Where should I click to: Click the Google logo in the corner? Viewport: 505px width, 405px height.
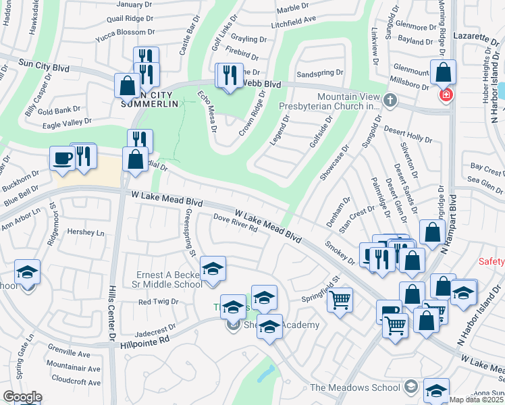[x=22, y=397]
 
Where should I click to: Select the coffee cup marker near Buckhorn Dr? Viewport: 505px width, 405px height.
[x=62, y=159]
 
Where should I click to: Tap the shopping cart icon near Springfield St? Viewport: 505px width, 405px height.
[x=340, y=299]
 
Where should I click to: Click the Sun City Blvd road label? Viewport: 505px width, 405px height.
[x=44, y=64]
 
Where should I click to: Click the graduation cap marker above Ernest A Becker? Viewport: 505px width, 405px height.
[x=213, y=269]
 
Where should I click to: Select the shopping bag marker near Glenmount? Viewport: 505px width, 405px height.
[x=444, y=72]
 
